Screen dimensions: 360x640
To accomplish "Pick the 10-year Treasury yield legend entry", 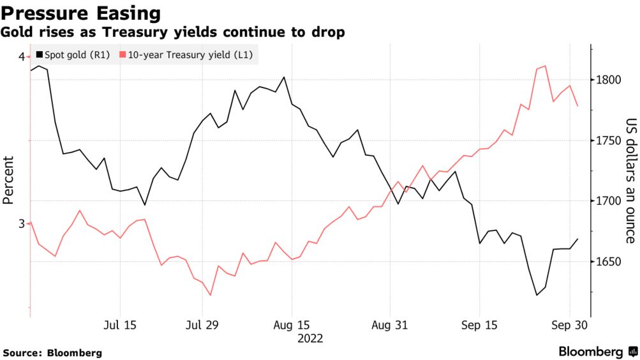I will point(186,56).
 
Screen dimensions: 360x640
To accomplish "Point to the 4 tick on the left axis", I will point(22,57).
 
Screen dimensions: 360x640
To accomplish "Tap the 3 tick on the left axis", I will point(22,223).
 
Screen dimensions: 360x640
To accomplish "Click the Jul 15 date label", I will point(119,325).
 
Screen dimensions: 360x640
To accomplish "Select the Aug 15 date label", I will point(291,325).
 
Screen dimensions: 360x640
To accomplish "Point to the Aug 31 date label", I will point(389,325).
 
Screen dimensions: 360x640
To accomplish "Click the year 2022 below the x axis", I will point(310,338).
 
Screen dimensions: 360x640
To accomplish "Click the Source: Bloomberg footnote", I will point(53,352).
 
